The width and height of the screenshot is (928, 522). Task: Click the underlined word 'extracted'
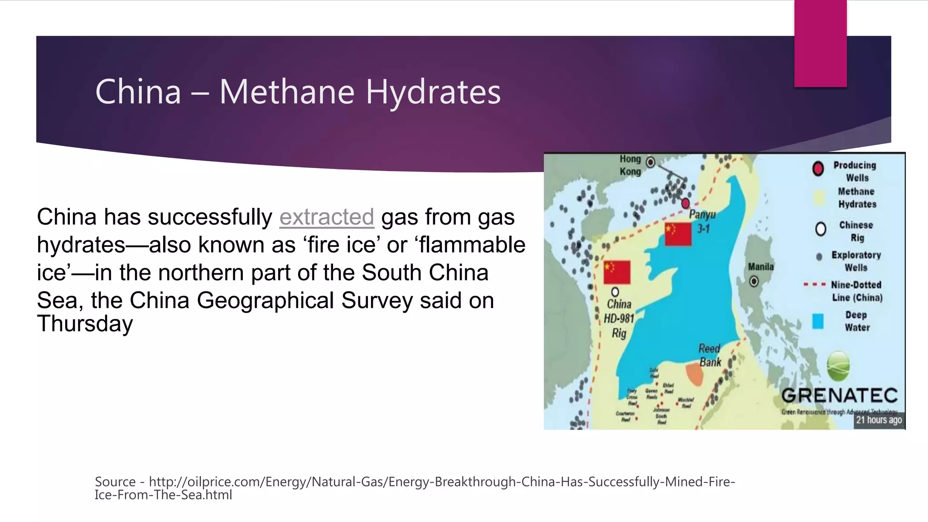(326, 217)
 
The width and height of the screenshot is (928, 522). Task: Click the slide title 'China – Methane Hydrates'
(298, 92)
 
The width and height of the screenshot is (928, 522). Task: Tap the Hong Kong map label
(630, 165)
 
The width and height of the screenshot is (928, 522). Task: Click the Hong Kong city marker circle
(650, 162)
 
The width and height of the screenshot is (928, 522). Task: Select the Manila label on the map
(761, 267)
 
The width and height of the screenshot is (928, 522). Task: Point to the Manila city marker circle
(754, 281)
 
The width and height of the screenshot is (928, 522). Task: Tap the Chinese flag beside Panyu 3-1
(678, 234)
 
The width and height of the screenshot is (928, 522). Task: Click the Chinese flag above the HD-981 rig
(617, 272)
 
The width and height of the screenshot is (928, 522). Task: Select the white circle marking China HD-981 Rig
(615, 292)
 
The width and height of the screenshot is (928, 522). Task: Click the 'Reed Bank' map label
(710, 355)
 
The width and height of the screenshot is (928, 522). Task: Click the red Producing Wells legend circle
(818, 169)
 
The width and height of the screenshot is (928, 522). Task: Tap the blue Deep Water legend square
(818, 321)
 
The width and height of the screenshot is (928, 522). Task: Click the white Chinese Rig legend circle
(821, 229)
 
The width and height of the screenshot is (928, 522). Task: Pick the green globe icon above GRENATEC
(838, 366)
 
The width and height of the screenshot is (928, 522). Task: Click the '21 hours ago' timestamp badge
(879, 420)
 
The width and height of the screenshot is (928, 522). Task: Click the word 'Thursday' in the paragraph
(85, 324)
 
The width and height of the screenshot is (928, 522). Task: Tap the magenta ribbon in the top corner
(820, 43)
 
